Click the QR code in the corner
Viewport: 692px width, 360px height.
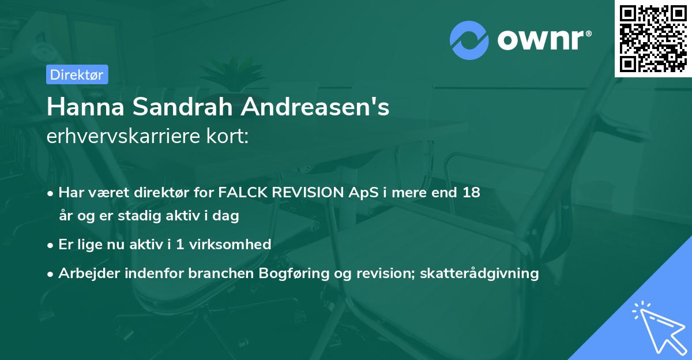(653, 39)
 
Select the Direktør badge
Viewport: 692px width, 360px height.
(76, 74)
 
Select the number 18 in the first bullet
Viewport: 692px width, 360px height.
(471, 192)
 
